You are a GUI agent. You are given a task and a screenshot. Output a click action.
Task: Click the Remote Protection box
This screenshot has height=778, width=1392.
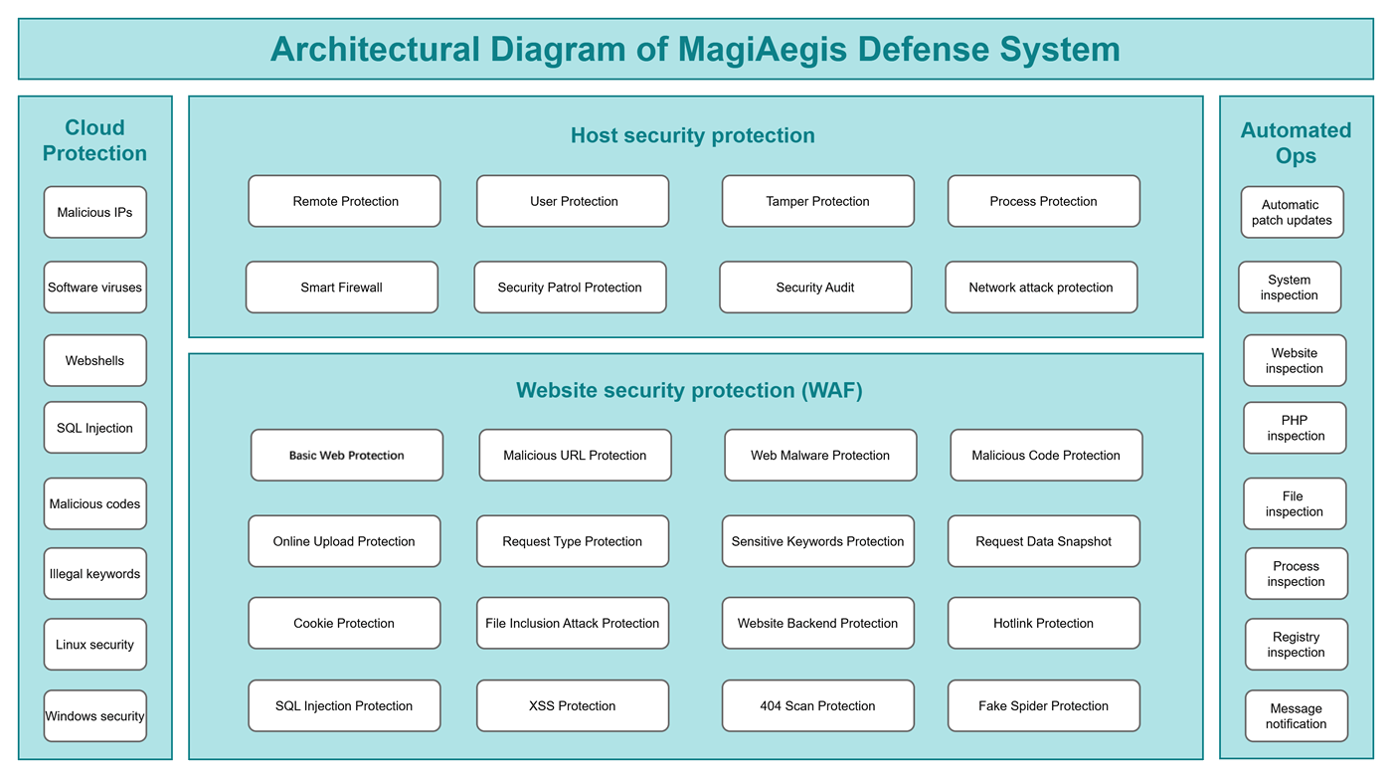pyautogui.click(x=344, y=201)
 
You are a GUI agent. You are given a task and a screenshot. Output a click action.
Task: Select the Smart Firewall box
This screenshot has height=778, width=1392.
pyautogui.click(x=341, y=288)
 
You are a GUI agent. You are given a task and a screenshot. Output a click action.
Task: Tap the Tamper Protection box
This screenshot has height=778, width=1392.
pyautogui.click(x=817, y=201)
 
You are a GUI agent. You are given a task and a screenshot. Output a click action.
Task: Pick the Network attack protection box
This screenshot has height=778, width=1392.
pyautogui.click(x=1041, y=288)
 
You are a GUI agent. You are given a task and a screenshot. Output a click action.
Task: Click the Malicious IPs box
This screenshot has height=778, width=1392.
pyautogui.click(x=94, y=212)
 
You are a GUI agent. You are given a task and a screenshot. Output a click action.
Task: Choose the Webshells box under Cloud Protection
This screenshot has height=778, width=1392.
pyautogui.click(x=94, y=360)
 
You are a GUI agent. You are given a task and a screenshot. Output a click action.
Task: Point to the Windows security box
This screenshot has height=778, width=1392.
pyautogui.click(x=94, y=716)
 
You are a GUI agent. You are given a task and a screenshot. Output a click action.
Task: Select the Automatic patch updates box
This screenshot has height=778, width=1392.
pyautogui.click(x=1292, y=212)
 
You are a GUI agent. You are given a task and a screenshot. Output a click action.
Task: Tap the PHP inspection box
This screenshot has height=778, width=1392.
pyautogui.click(x=1295, y=428)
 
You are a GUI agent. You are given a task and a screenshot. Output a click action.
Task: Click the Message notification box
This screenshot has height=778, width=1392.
pyautogui.click(x=1296, y=716)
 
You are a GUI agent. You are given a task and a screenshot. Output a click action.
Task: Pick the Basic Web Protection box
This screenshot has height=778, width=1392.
pyautogui.click(x=346, y=456)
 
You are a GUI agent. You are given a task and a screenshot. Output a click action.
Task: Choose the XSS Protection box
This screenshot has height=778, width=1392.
pyautogui.click(x=572, y=706)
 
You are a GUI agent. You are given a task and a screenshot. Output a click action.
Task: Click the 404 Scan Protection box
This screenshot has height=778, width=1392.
pyautogui.click(x=817, y=706)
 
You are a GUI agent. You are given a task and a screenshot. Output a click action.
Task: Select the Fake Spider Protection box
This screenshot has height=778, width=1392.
pyautogui.click(x=1043, y=706)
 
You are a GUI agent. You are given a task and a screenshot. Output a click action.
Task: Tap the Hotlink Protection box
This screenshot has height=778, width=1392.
pyautogui.click(x=1043, y=624)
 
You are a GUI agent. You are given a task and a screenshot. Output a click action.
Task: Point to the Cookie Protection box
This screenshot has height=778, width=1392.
pyautogui.click(x=344, y=624)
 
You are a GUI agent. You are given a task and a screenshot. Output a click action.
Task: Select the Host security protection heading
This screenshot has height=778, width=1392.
pyautogui.click(x=692, y=135)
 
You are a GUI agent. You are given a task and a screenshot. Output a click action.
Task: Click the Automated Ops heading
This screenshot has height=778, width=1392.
pyautogui.click(x=1296, y=143)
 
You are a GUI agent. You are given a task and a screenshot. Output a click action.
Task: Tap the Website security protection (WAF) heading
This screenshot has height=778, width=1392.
pyautogui.click(x=689, y=391)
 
